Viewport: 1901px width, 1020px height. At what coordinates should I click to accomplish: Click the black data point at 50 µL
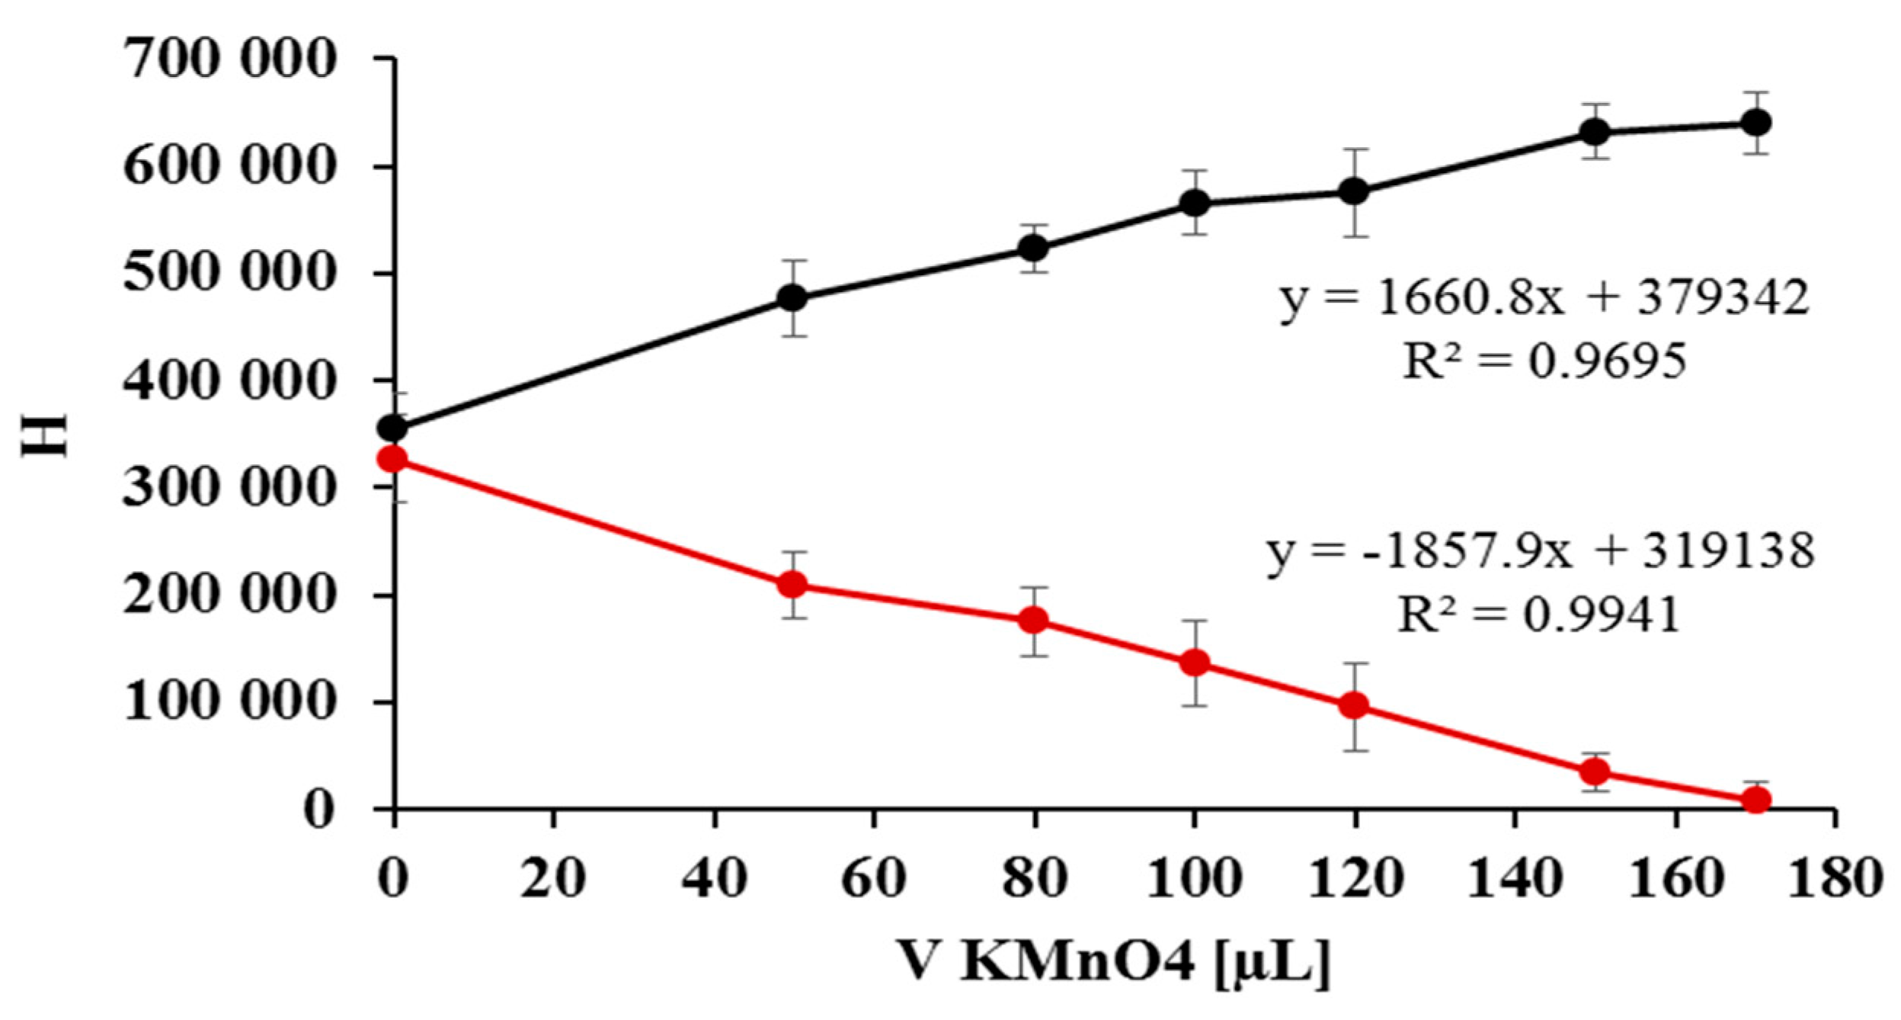793,298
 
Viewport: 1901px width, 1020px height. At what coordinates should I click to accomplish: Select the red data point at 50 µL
793,585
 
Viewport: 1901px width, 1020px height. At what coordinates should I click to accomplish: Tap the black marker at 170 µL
1756,123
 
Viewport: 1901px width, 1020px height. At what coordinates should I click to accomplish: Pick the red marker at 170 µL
1756,800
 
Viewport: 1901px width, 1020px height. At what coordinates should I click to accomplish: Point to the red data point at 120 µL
1354,705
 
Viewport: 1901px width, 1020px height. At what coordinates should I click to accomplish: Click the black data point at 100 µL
1195,203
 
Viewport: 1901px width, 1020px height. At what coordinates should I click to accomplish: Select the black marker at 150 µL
1595,133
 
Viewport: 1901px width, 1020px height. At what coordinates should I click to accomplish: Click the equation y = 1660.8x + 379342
1544,298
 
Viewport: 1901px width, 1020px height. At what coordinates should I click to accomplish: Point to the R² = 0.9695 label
1544,361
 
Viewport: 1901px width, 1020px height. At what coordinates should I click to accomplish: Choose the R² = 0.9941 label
1539,614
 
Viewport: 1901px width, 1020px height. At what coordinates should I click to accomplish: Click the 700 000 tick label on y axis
229,59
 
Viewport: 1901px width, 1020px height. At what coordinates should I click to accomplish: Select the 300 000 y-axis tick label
229,487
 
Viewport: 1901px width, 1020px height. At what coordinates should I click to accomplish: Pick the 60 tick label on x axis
873,878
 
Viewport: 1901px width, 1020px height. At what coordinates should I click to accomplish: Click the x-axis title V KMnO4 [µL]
1112,964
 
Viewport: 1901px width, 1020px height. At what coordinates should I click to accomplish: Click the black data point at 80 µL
1034,249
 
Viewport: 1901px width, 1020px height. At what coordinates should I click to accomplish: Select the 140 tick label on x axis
1514,878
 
